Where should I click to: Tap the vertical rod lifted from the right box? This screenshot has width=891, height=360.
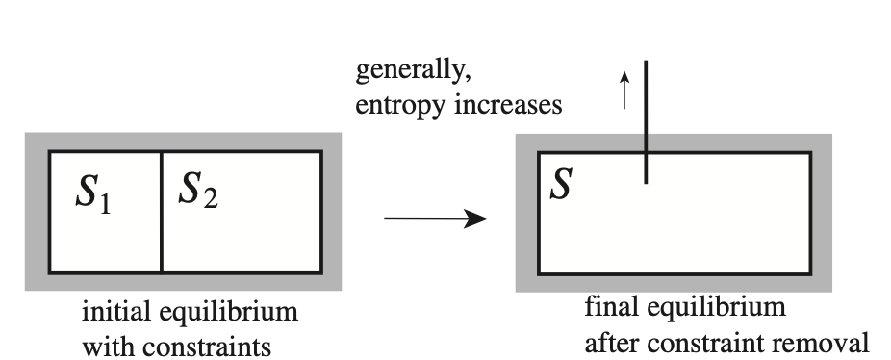coord(646,120)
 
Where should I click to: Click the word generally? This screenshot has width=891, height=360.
coord(414,72)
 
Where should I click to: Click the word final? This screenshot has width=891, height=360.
coord(611,309)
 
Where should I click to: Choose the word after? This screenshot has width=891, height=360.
coord(613,341)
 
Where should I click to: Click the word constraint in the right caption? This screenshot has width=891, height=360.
coord(707,341)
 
